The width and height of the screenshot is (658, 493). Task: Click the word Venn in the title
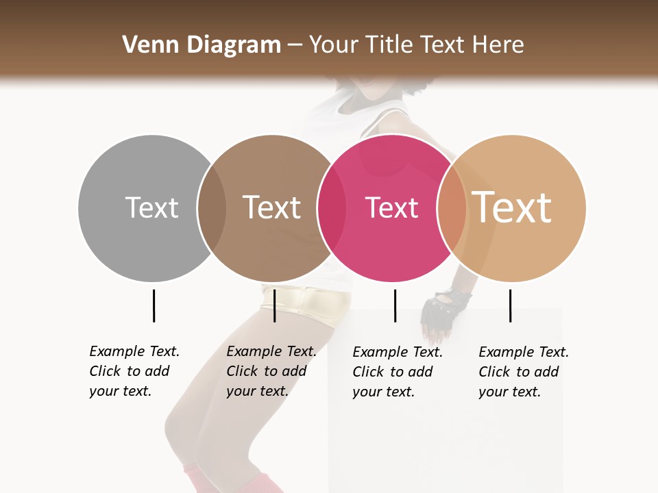tap(147, 45)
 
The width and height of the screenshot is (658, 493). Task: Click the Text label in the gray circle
tap(151, 207)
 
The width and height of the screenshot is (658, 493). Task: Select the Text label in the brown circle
tap(272, 207)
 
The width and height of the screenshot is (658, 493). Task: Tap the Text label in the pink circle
tap(391, 207)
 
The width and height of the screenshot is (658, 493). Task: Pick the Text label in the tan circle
tap(512, 207)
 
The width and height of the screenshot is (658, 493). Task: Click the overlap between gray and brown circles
tap(212, 207)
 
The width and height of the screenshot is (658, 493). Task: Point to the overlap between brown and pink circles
tap(331, 207)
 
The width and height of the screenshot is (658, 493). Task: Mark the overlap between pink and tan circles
tap(451, 207)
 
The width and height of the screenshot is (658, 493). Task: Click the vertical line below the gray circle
tap(154, 305)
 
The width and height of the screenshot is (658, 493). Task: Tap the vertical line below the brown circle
tap(274, 305)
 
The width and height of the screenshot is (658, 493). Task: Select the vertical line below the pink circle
tap(395, 305)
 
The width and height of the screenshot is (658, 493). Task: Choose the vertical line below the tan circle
tap(510, 305)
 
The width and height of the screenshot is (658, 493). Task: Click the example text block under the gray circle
tap(134, 371)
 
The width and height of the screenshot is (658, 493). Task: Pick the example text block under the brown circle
tap(271, 371)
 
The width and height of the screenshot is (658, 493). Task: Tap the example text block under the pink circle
tap(398, 372)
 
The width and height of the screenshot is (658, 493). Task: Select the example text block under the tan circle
tap(524, 372)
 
